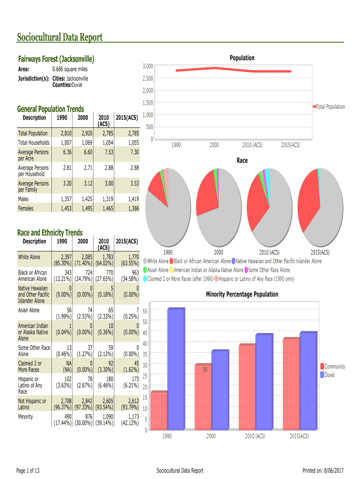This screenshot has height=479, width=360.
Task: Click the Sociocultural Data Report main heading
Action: [x=59, y=37]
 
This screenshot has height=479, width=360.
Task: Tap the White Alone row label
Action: [x=29, y=257]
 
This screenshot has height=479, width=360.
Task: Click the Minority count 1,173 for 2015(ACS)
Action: [x=132, y=417]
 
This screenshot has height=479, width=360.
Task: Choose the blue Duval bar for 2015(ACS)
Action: [x=308, y=381]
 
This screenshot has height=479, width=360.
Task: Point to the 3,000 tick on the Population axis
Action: [x=148, y=66]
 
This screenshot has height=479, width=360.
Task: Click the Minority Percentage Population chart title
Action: [x=242, y=294]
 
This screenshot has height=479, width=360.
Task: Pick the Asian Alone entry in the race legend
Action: [x=158, y=270]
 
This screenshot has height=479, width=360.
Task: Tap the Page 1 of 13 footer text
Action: [x=29, y=470]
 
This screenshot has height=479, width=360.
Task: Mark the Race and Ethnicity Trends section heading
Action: [x=50, y=232]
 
